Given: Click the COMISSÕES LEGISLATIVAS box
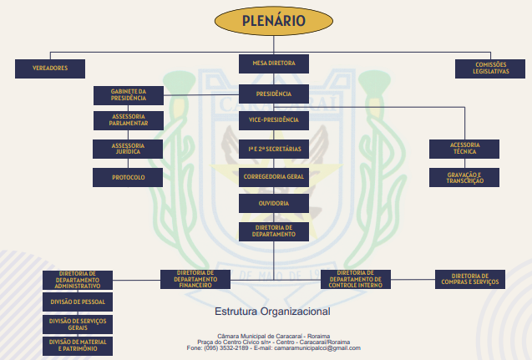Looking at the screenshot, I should point(491,68).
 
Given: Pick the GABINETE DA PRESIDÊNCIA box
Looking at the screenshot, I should point(129,94).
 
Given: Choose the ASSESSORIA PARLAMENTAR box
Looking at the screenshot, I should point(129,119).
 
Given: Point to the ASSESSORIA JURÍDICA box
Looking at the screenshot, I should point(129,148).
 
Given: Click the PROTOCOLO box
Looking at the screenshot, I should point(129,177).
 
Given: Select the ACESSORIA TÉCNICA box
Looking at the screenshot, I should point(464,148).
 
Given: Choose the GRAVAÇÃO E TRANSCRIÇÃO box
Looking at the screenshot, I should point(464,177).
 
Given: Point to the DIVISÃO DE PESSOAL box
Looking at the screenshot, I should point(78,301).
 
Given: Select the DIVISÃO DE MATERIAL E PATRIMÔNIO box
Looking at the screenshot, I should point(78,344).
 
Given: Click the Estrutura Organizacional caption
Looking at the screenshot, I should point(272,312).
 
